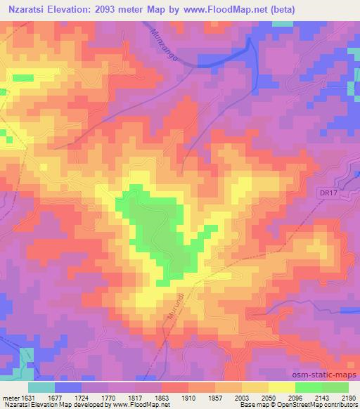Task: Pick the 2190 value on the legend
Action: point(349,396)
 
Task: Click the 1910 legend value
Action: point(188,396)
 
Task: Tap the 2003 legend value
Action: point(242,396)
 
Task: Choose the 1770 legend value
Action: point(108,396)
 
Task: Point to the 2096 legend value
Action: point(295,396)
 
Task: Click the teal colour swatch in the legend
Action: point(41,387)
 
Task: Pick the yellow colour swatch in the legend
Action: point(282,387)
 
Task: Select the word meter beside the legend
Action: point(9,396)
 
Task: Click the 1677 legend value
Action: point(55,396)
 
